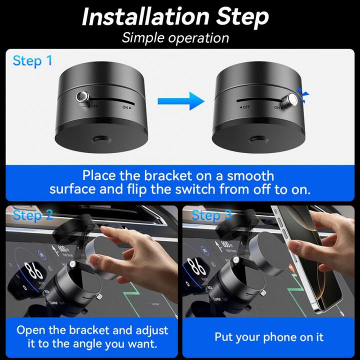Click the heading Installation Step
pyautogui.click(x=175, y=16)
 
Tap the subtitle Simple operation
pyautogui.click(x=175, y=38)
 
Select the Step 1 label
pyautogui.click(x=32, y=61)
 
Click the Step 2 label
pyautogui.click(x=32, y=215)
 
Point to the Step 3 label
pyautogui.click(x=212, y=215)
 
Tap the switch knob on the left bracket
pyautogui.click(x=82, y=96)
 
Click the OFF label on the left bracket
pyautogui.click(x=92, y=106)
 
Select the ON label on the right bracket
pyautogui.click(x=277, y=107)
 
